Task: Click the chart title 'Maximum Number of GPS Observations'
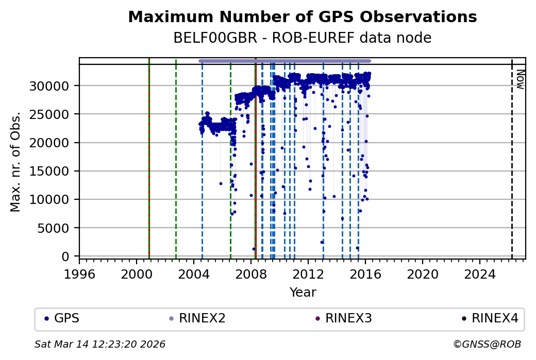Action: click(302, 17)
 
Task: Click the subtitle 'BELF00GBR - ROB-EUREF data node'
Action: click(302, 38)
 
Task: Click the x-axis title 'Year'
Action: click(303, 293)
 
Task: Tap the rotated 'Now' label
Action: click(520, 79)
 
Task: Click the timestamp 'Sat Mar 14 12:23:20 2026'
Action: click(100, 344)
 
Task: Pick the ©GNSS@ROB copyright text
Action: click(487, 344)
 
